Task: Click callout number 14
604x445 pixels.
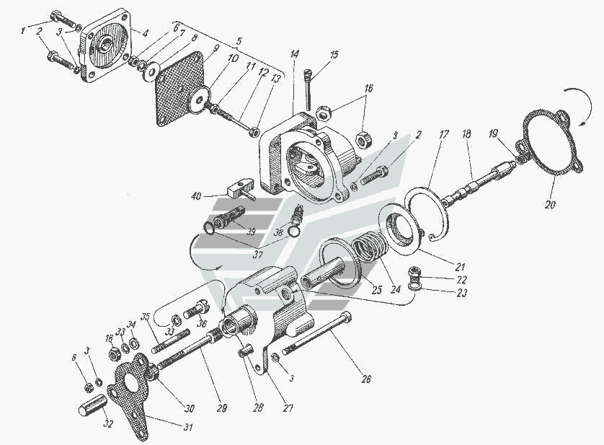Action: (295, 55)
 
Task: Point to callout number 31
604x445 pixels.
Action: (189, 427)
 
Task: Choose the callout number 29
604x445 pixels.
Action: (222, 408)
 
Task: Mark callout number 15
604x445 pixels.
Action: (334, 55)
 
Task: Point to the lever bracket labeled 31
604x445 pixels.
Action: (133, 404)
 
